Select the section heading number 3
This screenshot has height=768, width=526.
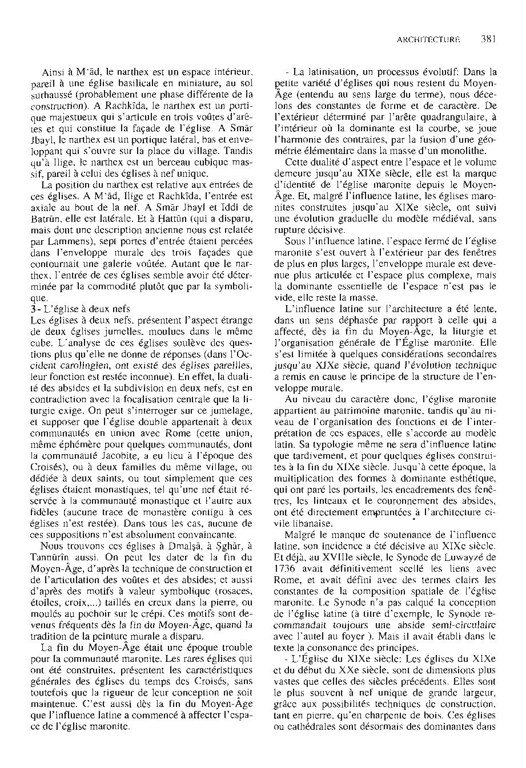[x=32, y=308]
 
